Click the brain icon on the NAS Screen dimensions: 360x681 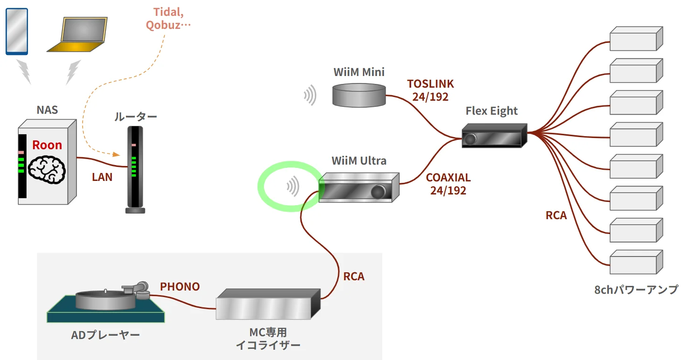(47, 168)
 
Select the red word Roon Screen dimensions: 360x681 (47, 145)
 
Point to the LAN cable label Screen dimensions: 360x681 (102, 177)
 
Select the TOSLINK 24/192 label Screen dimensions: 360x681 (430, 90)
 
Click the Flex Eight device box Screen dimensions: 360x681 (494, 136)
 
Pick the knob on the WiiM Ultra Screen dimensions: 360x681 (378, 191)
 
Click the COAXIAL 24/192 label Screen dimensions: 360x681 (448, 184)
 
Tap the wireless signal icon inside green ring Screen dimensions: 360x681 (293, 187)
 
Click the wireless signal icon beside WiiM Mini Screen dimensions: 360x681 (310, 95)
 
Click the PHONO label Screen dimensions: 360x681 (180, 287)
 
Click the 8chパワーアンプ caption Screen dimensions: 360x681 (636, 290)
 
